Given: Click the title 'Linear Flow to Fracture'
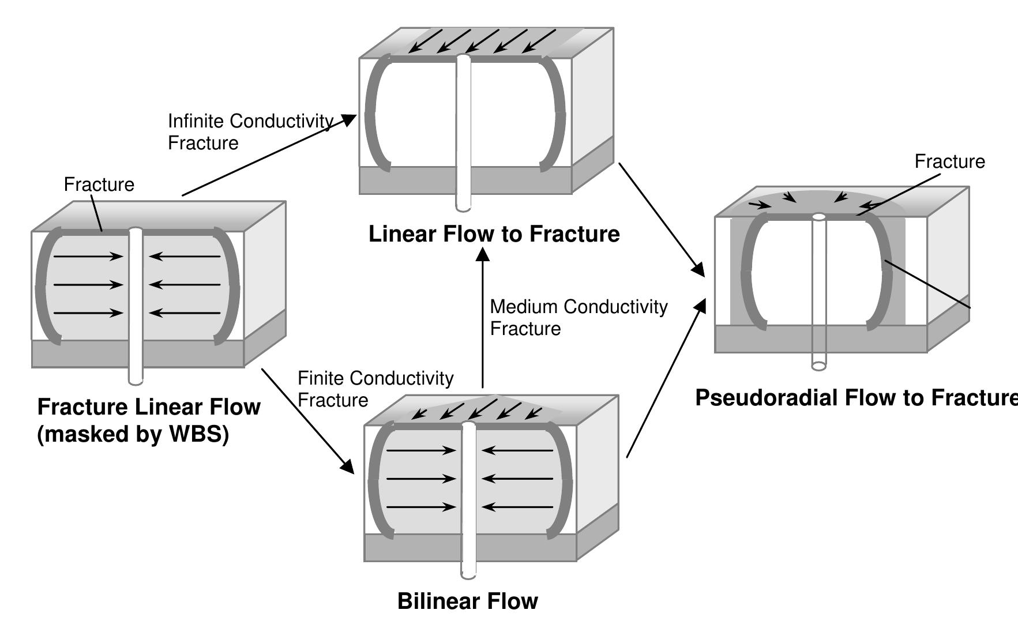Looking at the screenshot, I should pyautogui.click(x=494, y=234).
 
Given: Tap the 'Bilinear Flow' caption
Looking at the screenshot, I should pyautogui.click(x=467, y=601).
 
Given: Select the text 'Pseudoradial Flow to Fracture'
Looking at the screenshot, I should pyautogui.click(x=856, y=397).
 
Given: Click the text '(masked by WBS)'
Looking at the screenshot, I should pyautogui.click(x=133, y=434).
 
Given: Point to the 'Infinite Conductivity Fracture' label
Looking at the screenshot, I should pyautogui.click(x=250, y=131).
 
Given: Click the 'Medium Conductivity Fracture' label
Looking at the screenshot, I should pyautogui.click(x=578, y=317).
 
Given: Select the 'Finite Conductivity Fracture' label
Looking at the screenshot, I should pyautogui.click(x=375, y=389).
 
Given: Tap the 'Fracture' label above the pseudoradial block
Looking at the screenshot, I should pyautogui.click(x=949, y=161).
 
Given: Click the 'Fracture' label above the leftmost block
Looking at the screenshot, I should pyautogui.click(x=99, y=185).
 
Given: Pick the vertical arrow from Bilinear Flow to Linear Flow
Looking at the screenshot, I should pyautogui.click(x=483, y=317).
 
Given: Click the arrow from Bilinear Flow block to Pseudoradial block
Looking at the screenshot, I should pyautogui.click(x=666, y=378).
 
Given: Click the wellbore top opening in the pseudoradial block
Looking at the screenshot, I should pyautogui.click(x=819, y=217).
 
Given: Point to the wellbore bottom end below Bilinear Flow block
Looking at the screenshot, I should pyautogui.click(x=468, y=574).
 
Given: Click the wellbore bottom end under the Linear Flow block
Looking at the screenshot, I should pyautogui.click(x=463, y=208).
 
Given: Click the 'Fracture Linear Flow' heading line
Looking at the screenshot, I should pyautogui.click(x=148, y=407).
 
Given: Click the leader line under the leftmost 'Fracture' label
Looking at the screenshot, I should pyautogui.click(x=97, y=213).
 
